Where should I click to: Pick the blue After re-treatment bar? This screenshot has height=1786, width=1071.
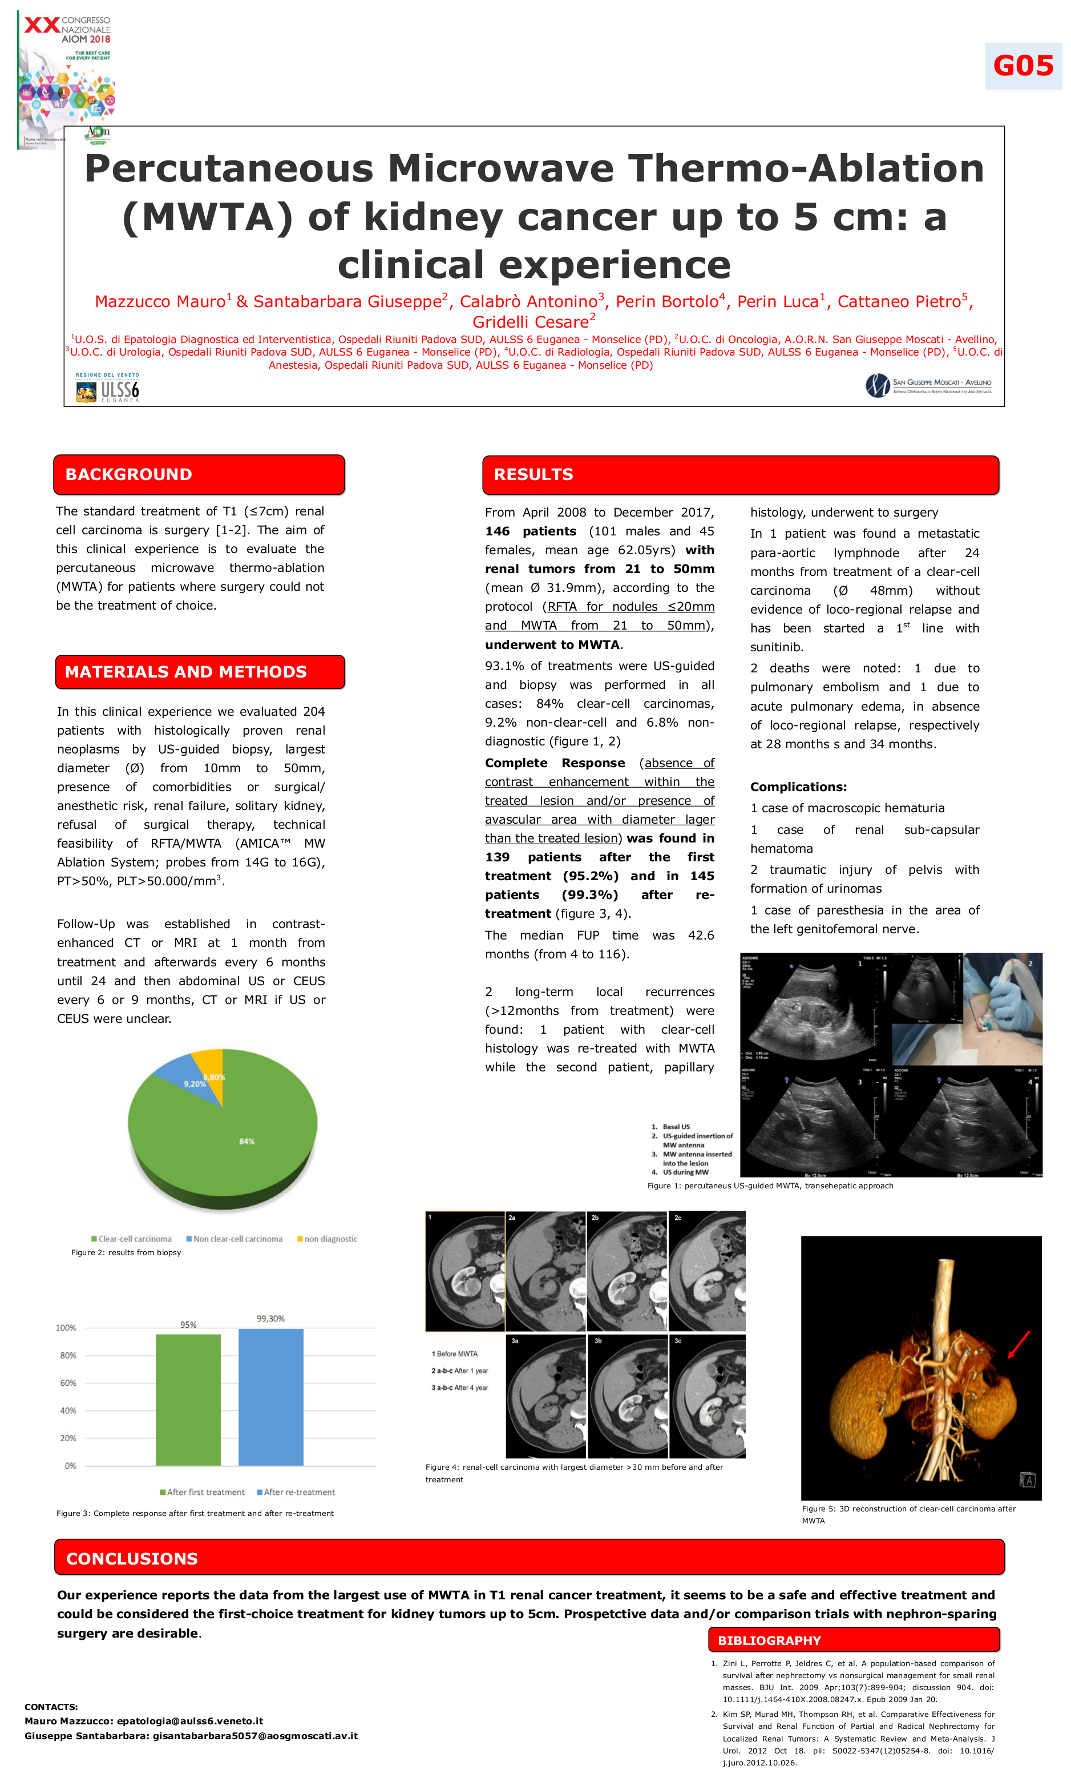(270, 1396)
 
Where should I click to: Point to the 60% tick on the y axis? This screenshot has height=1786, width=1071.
(68, 1382)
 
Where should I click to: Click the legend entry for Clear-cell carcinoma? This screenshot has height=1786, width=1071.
(131, 1239)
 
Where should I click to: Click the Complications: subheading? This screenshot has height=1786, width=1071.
(798, 787)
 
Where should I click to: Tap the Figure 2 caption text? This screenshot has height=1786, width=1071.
(126, 1252)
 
